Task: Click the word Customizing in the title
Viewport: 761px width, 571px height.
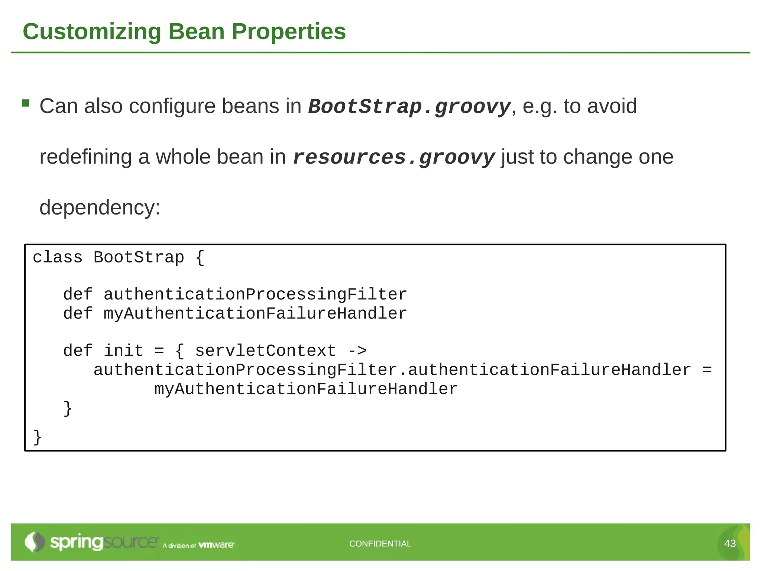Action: pos(92,32)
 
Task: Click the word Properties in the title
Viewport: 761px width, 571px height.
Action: pos(289,32)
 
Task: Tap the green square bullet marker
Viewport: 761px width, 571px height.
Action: pos(26,103)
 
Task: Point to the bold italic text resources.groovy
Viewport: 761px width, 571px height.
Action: pos(394,158)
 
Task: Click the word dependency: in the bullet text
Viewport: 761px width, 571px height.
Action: pos(100,207)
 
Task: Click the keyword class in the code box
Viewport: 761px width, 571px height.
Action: pos(58,257)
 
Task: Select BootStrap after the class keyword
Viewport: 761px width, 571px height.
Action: pos(139,257)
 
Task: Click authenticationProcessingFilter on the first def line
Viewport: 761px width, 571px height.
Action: pos(255,294)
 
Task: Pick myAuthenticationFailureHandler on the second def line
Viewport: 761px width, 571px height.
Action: pos(255,313)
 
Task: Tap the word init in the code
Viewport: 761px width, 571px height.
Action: pos(123,351)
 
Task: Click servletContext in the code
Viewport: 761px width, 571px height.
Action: pos(265,351)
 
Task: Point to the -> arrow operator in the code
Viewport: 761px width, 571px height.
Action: pos(357,351)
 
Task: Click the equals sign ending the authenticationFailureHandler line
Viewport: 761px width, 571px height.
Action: pos(707,370)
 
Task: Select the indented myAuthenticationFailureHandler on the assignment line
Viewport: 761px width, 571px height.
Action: pos(306,389)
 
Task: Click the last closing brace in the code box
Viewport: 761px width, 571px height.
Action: pos(37,437)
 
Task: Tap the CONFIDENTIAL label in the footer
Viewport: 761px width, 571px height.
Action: pos(380,543)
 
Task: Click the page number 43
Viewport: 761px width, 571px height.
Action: pos(730,543)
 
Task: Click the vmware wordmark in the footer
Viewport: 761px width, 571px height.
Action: pos(216,545)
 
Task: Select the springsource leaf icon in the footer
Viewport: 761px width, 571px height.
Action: pos(35,542)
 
